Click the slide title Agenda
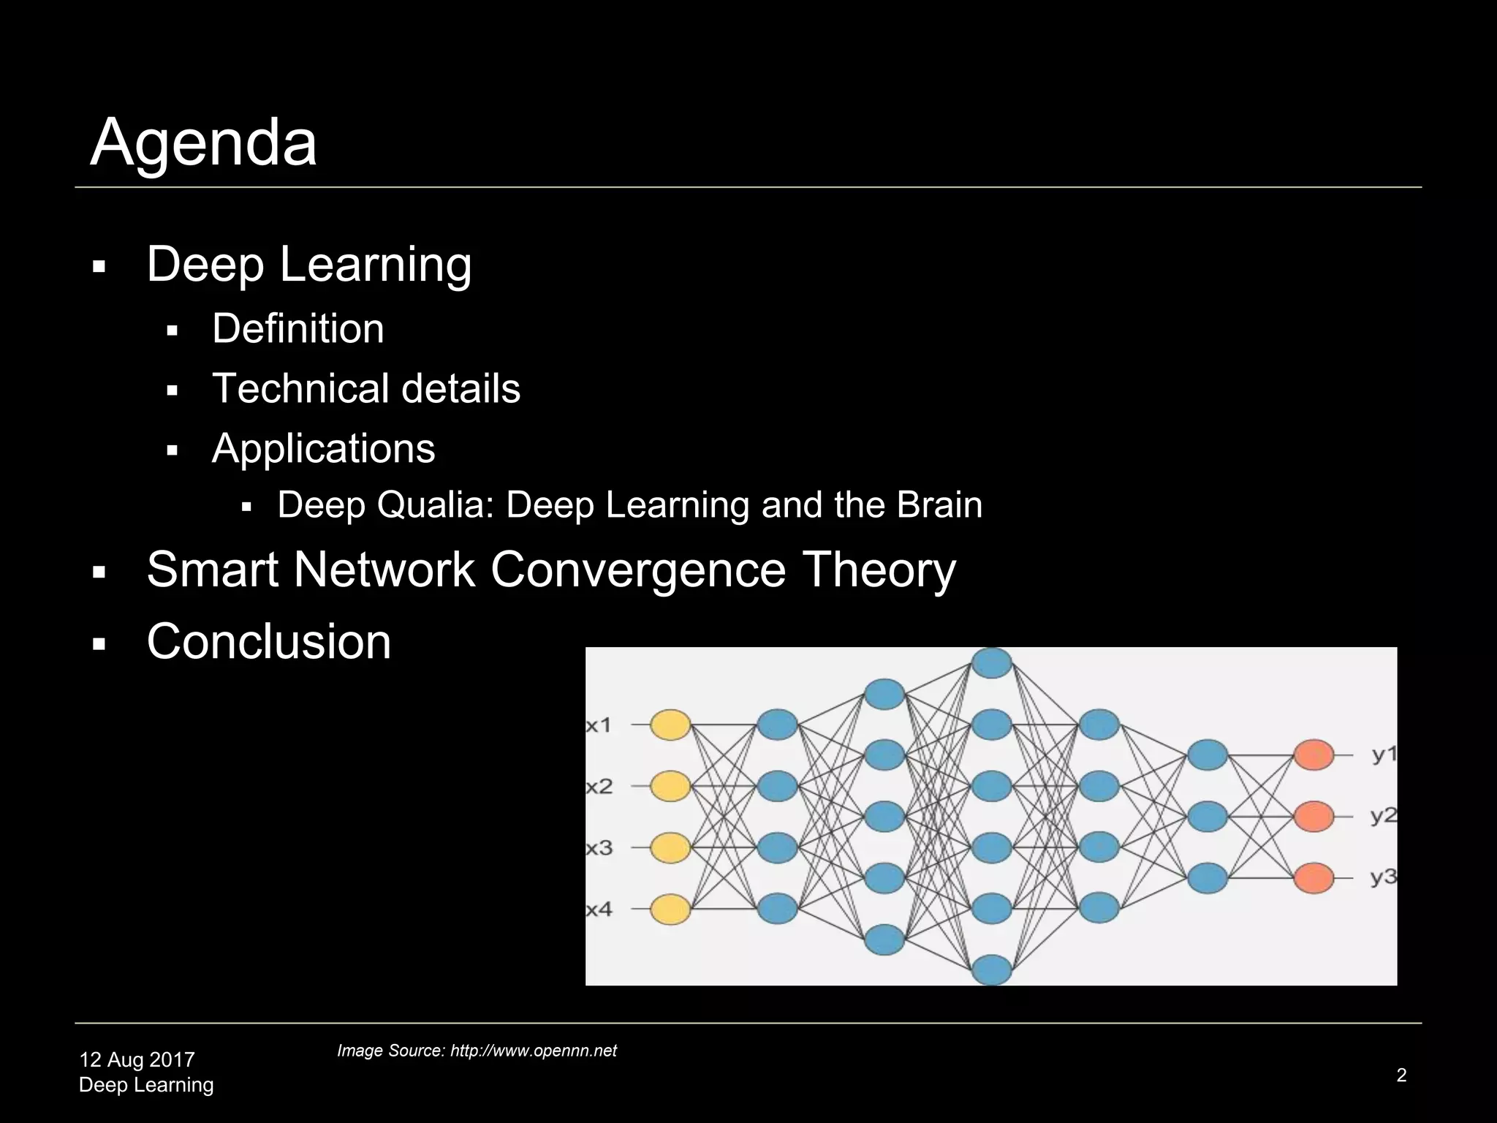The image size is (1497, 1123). pyautogui.click(x=203, y=143)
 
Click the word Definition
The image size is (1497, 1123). pyautogui.click(x=297, y=328)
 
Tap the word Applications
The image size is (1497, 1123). pyautogui.click(x=323, y=448)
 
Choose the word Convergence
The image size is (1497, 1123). pyautogui.click(x=638, y=570)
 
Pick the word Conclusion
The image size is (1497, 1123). pyautogui.click(x=269, y=641)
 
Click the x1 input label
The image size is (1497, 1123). pyautogui.click(x=599, y=725)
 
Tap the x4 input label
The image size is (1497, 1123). pyautogui.click(x=599, y=910)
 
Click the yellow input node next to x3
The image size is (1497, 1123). pyautogui.click(x=670, y=848)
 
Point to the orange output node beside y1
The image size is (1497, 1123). pyautogui.click(x=1314, y=755)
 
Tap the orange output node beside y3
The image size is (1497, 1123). pyautogui.click(x=1314, y=878)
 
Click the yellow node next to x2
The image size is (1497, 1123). pyautogui.click(x=670, y=787)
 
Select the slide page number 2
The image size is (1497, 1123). pyautogui.click(x=1401, y=1075)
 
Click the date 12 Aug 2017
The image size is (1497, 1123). pyautogui.click(x=137, y=1059)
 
